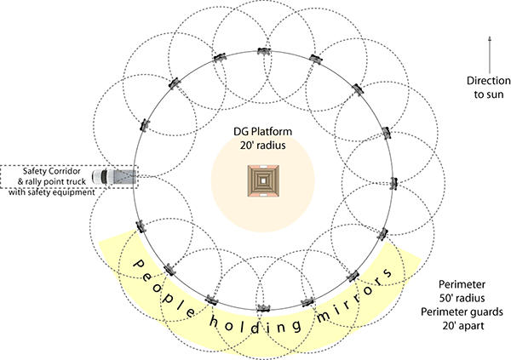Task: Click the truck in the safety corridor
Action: pos(114,176)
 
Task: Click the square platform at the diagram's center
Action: pos(263,180)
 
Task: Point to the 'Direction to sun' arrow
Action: pos(490,54)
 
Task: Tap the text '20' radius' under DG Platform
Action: pos(262,145)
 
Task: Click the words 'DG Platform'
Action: pos(262,132)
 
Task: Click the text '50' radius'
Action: pos(462,298)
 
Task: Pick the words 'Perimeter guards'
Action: pos(462,311)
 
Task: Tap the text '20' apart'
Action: pos(463,325)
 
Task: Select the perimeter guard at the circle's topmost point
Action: pos(264,51)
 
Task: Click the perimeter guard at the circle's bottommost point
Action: pos(264,308)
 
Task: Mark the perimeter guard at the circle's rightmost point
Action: pos(394,184)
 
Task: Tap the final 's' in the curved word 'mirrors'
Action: pos(388,272)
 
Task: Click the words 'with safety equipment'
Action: pos(51,192)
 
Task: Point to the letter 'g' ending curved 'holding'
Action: pos(296,326)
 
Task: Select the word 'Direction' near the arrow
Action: pos(489,81)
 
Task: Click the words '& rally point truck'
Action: pos(51,181)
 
